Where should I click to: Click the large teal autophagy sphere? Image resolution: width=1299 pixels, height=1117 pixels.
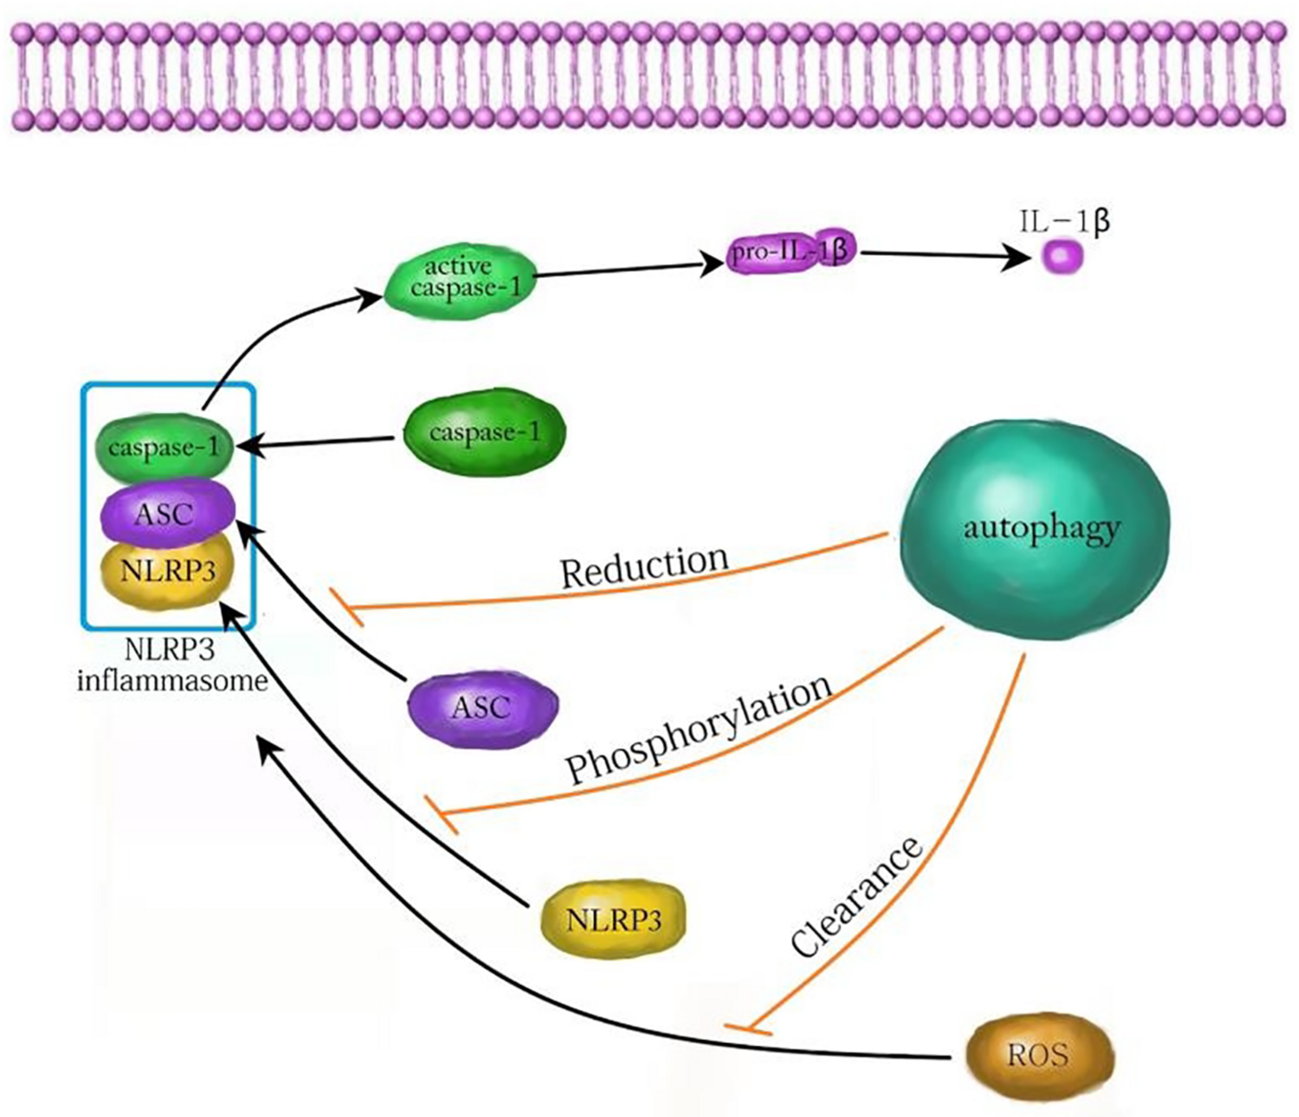(x=1035, y=530)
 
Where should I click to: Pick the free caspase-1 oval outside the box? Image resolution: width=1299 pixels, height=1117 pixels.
(x=483, y=433)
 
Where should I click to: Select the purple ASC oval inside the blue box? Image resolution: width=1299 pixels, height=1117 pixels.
(x=167, y=514)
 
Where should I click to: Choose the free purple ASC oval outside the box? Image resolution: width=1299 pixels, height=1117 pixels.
(x=482, y=707)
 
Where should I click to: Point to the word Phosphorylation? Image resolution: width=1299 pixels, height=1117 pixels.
(x=699, y=731)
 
